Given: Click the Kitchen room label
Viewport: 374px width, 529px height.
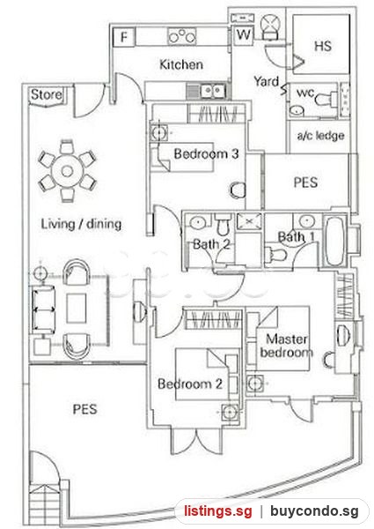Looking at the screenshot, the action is pos(181,64).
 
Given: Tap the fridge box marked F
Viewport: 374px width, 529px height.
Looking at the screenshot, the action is pos(124,37).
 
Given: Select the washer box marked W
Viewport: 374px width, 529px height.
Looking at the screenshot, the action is pos(243,34).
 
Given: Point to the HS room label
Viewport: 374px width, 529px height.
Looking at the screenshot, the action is pos(322,46).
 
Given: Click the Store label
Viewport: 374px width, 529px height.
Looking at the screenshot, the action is pos(47,94).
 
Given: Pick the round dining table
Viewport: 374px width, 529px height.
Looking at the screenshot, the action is pos(67,171).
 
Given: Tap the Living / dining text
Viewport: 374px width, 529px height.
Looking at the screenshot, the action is pos(81,224).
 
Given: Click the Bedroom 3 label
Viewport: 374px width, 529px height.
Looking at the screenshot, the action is pos(206,153).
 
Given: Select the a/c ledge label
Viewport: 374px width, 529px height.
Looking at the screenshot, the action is pos(320,135).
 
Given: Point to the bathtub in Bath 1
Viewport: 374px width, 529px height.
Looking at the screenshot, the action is pos(335,241).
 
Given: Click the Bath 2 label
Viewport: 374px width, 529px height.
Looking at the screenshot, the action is pos(211,244).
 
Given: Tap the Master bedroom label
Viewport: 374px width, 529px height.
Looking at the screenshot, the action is pos(287,346).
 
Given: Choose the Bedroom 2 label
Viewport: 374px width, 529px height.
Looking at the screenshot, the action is pos(190,384).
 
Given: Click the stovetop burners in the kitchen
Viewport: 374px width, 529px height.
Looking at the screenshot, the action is pos(182,36).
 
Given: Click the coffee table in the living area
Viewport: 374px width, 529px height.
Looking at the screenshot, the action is pos(77,308).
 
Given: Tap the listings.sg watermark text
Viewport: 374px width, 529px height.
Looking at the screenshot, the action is pos(218,511).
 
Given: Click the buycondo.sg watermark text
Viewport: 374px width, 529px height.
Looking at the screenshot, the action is pos(314,511).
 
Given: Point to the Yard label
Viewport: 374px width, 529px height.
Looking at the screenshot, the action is pos(267,81).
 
